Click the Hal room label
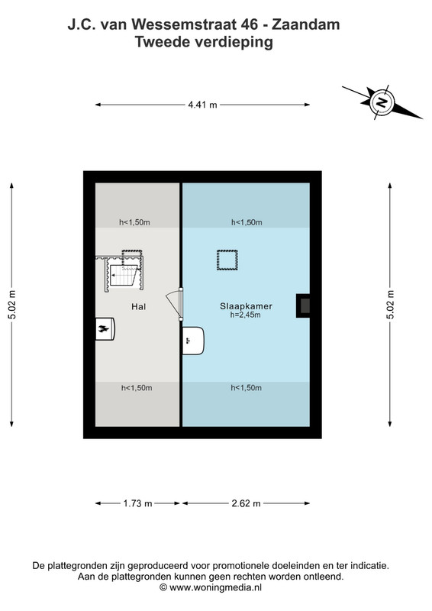pyautogui.click(x=138, y=307)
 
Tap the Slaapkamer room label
pyautogui.click(x=246, y=306)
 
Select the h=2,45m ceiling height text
pyautogui.click(x=246, y=315)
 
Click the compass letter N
pyautogui.click(x=382, y=102)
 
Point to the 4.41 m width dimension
pyautogui.click(x=202, y=105)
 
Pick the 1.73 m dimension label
pyautogui.click(x=137, y=503)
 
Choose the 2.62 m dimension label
pyautogui.click(x=246, y=503)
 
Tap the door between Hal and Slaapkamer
pyautogui.click(x=176, y=304)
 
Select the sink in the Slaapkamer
pyautogui.click(x=193, y=341)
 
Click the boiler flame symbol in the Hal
pyautogui.click(x=104, y=329)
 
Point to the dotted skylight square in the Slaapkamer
pyautogui.click(x=227, y=260)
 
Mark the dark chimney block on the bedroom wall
pyautogui.click(x=303, y=305)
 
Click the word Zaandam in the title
pyautogui.click(x=306, y=24)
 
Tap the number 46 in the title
pyautogui.click(x=250, y=24)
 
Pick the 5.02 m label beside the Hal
pyautogui.click(x=12, y=305)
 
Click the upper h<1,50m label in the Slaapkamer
pyautogui.click(x=247, y=222)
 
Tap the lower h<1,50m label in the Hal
pyautogui.click(x=137, y=388)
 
